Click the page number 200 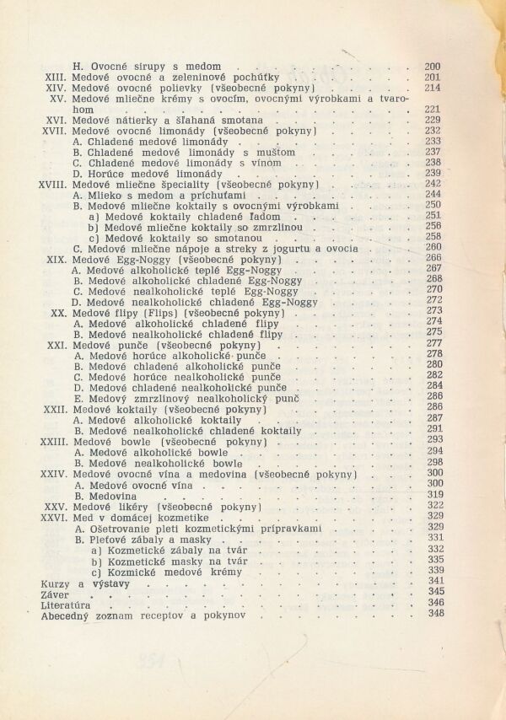(x=433, y=67)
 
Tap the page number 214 (x=433, y=88)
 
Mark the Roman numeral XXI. (x=57, y=344)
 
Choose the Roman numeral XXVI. (x=53, y=516)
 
